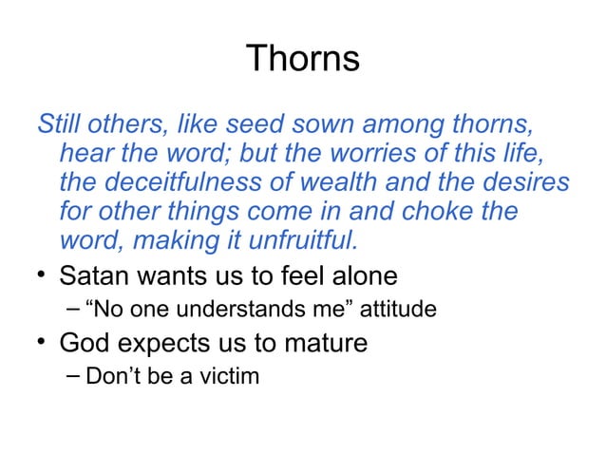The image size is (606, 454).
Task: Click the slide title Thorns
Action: click(302, 59)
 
